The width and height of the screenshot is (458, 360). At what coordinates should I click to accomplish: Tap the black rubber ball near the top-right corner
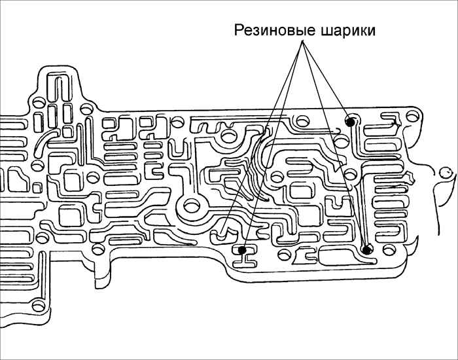351,120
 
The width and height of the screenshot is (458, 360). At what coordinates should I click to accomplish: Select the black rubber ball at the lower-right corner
367,248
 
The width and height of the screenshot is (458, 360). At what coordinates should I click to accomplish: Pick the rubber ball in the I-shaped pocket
243,249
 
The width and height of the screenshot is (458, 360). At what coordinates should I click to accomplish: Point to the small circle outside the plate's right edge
447,172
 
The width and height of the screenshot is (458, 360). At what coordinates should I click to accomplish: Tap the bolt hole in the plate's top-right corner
413,115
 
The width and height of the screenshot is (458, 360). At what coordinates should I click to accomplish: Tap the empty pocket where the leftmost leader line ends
222,230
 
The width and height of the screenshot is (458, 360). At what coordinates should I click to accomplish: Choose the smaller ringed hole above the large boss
228,135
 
